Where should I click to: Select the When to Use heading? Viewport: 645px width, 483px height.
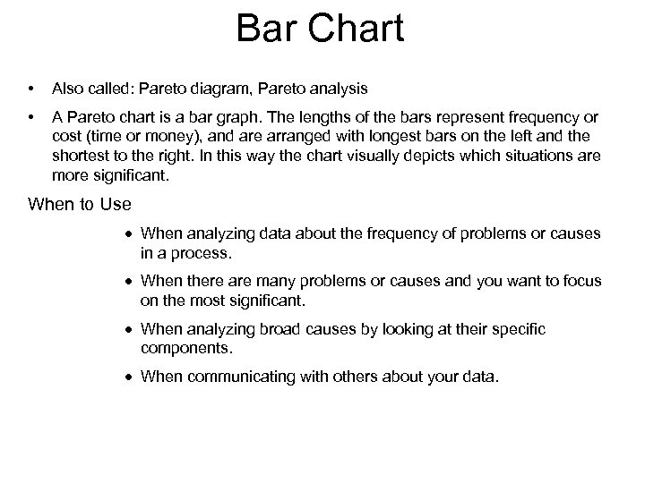pos(80,205)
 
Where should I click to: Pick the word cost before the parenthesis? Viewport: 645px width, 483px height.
pos(66,135)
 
